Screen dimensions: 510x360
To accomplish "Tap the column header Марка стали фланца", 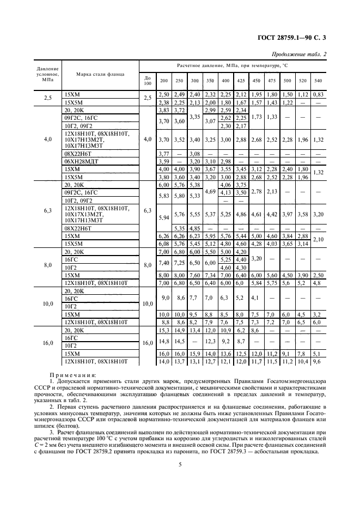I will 100,74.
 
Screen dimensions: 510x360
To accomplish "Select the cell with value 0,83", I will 318,95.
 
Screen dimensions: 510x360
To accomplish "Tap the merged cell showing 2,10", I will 318,239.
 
